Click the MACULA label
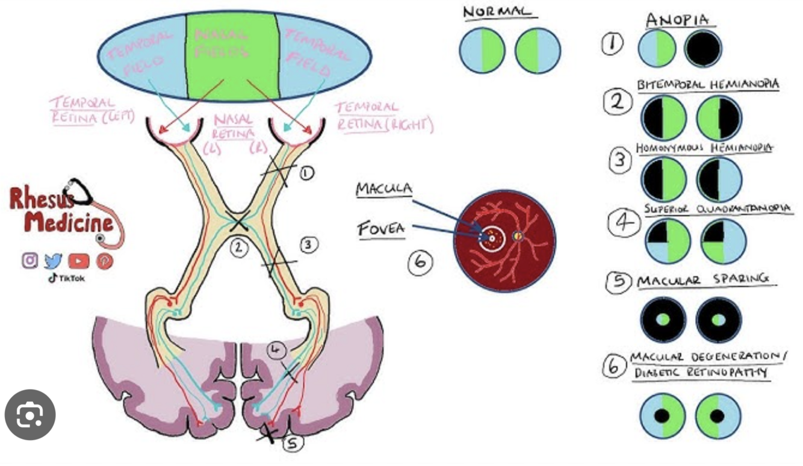coord(384,190)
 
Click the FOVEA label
coord(381,229)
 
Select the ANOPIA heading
coord(677,20)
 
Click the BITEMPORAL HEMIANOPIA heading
coord(708,84)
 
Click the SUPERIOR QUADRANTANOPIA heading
coord(718,208)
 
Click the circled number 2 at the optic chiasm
coord(240,246)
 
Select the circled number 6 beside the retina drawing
coord(420,263)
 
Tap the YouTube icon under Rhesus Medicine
coord(78,261)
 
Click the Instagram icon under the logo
coord(30,261)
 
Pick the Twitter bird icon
coord(54,261)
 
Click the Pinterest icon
coord(104,261)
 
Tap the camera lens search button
coord(30,415)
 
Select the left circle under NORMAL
coord(482,51)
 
